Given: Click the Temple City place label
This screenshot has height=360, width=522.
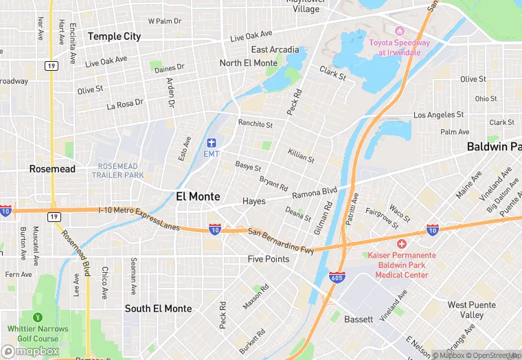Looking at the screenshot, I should (x=114, y=36).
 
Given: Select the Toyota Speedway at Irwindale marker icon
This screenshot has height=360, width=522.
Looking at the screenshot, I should (x=399, y=31).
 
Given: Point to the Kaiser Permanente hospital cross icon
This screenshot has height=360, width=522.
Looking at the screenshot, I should (x=402, y=244).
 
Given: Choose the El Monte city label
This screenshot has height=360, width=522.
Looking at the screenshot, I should (x=198, y=196).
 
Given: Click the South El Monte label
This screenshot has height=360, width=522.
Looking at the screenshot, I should (x=158, y=308).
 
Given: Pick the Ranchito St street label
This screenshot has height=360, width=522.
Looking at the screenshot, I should (x=256, y=125).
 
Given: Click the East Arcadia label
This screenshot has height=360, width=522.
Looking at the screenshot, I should (x=275, y=49).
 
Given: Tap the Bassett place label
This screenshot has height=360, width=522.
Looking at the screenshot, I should (x=358, y=319).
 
